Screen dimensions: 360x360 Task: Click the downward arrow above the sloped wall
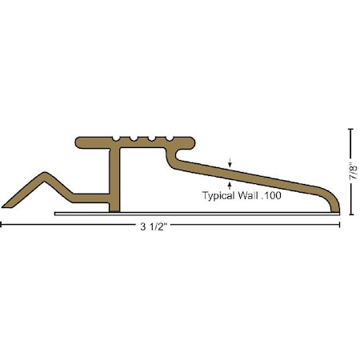click(x=230, y=165)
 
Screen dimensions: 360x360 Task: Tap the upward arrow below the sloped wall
click(x=230, y=185)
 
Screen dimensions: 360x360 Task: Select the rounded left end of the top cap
click(x=78, y=144)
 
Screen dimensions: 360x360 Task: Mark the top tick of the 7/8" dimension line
click(x=350, y=129)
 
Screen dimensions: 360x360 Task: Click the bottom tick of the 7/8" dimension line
click(x=350, y=214)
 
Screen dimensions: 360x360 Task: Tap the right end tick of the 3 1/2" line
click(x=341, y=226)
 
